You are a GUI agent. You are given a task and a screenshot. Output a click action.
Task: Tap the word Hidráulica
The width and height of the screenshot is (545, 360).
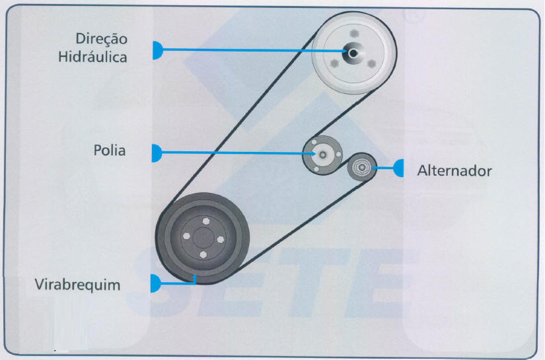pyautogui.click(x=92, y=57)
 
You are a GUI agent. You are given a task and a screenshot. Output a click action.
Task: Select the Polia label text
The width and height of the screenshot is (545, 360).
pyautogui.click(x=110, y=151)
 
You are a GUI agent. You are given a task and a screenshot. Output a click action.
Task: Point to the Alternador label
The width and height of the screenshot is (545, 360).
pyautogui.click(x=454, y=170)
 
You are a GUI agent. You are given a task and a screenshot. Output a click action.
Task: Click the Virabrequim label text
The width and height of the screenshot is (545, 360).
pyautogui.click(x=78, y=285)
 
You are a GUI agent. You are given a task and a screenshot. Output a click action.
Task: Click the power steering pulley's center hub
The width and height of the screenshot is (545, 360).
pyautogui.click(x=353, y=52)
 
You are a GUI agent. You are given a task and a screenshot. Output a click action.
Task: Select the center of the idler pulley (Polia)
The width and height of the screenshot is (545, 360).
pyautogui.click(x=322, y=155)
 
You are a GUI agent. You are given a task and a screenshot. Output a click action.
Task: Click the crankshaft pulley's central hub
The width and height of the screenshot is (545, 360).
pyautogui.click(x=203, y=236)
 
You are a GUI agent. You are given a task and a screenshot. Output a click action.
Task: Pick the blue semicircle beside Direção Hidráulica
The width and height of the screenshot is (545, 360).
pyautogui.click(x=157, y=50)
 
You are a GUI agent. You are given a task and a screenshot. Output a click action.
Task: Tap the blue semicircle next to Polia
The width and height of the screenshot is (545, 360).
pyautogui.click(x=157, y=153)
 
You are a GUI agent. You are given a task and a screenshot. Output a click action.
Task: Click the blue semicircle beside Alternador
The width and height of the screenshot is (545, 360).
pyautogui.click(x=399, y=168)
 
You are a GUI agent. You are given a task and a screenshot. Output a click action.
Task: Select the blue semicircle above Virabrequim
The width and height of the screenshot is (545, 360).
pyautogui.click(x=156, y=283)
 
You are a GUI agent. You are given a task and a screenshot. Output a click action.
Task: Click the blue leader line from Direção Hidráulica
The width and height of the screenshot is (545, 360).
pyautogui.click(x=251, y=50)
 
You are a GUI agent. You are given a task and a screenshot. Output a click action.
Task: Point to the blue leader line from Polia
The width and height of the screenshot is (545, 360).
pyautogui.click(x=238, y=153)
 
